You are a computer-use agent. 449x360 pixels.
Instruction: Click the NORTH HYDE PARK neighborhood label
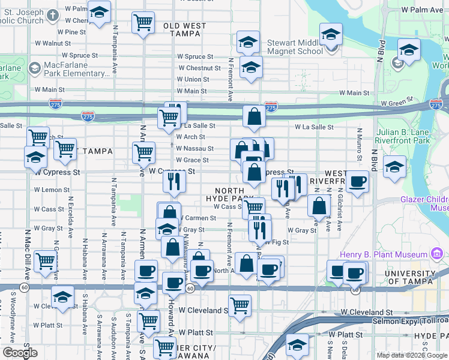coord(225,194)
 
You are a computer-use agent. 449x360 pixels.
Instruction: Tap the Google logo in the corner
coord(20,352)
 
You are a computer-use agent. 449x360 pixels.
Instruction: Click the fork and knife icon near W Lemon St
coord(173,181)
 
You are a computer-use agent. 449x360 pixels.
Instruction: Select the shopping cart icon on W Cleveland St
coord(240,305)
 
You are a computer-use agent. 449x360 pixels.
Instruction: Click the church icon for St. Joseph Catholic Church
coord(53,16)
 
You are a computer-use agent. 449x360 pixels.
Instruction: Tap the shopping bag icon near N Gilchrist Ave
coord(319,206)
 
